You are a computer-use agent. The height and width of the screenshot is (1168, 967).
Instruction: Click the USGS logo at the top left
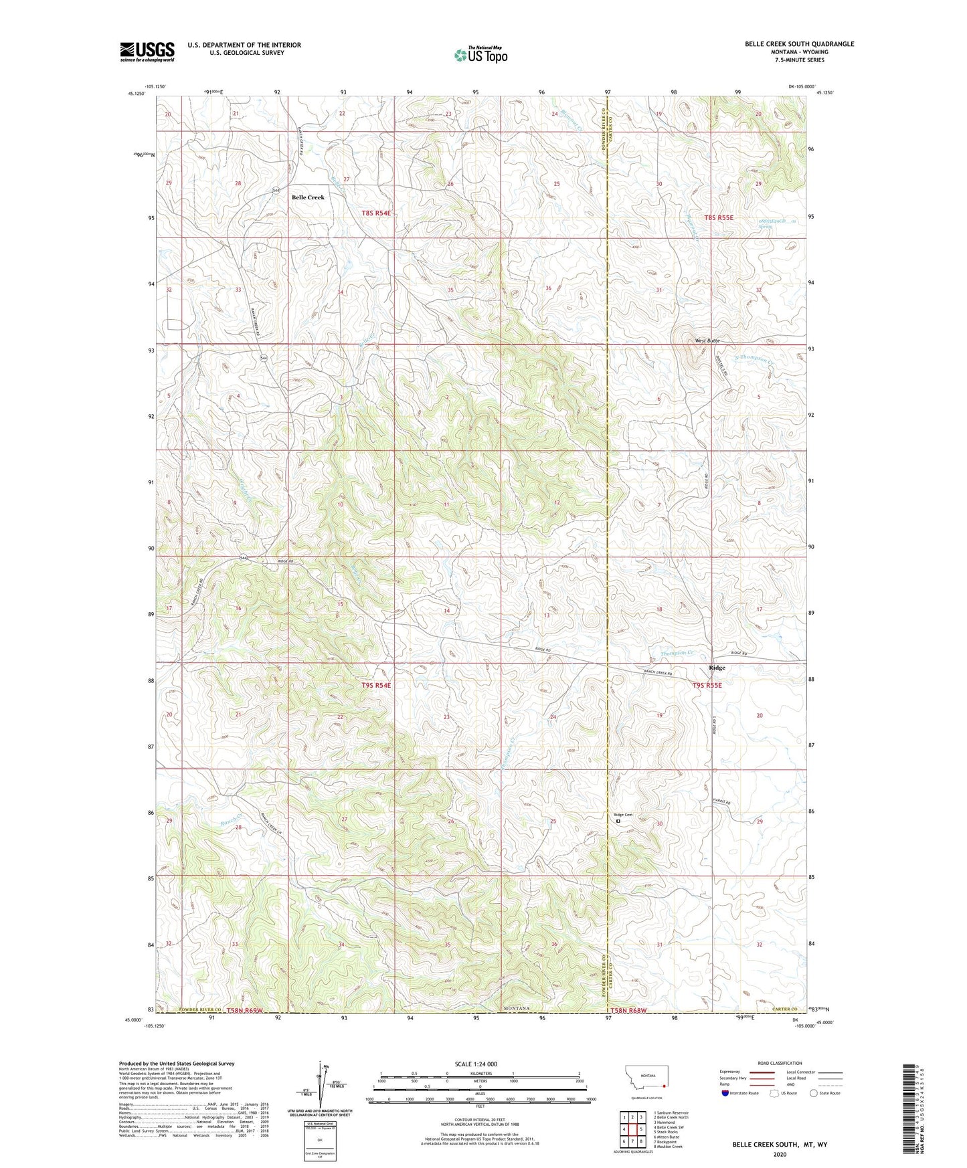coord(147,52)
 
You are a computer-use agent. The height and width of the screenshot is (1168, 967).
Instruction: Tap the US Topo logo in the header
coord(480,56)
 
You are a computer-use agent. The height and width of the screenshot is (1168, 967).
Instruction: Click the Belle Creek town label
coord(308,197)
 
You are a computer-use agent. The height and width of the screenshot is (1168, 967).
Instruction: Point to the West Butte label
coord(707,340)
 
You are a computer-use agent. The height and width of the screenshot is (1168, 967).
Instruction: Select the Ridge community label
coord(717,668)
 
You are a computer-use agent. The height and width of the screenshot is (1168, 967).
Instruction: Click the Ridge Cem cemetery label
coord(622,814)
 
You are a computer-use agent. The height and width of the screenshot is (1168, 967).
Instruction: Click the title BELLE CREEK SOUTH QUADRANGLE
coord(799,44)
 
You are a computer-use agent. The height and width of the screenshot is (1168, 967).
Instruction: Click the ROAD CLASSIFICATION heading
coord(780,1063)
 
